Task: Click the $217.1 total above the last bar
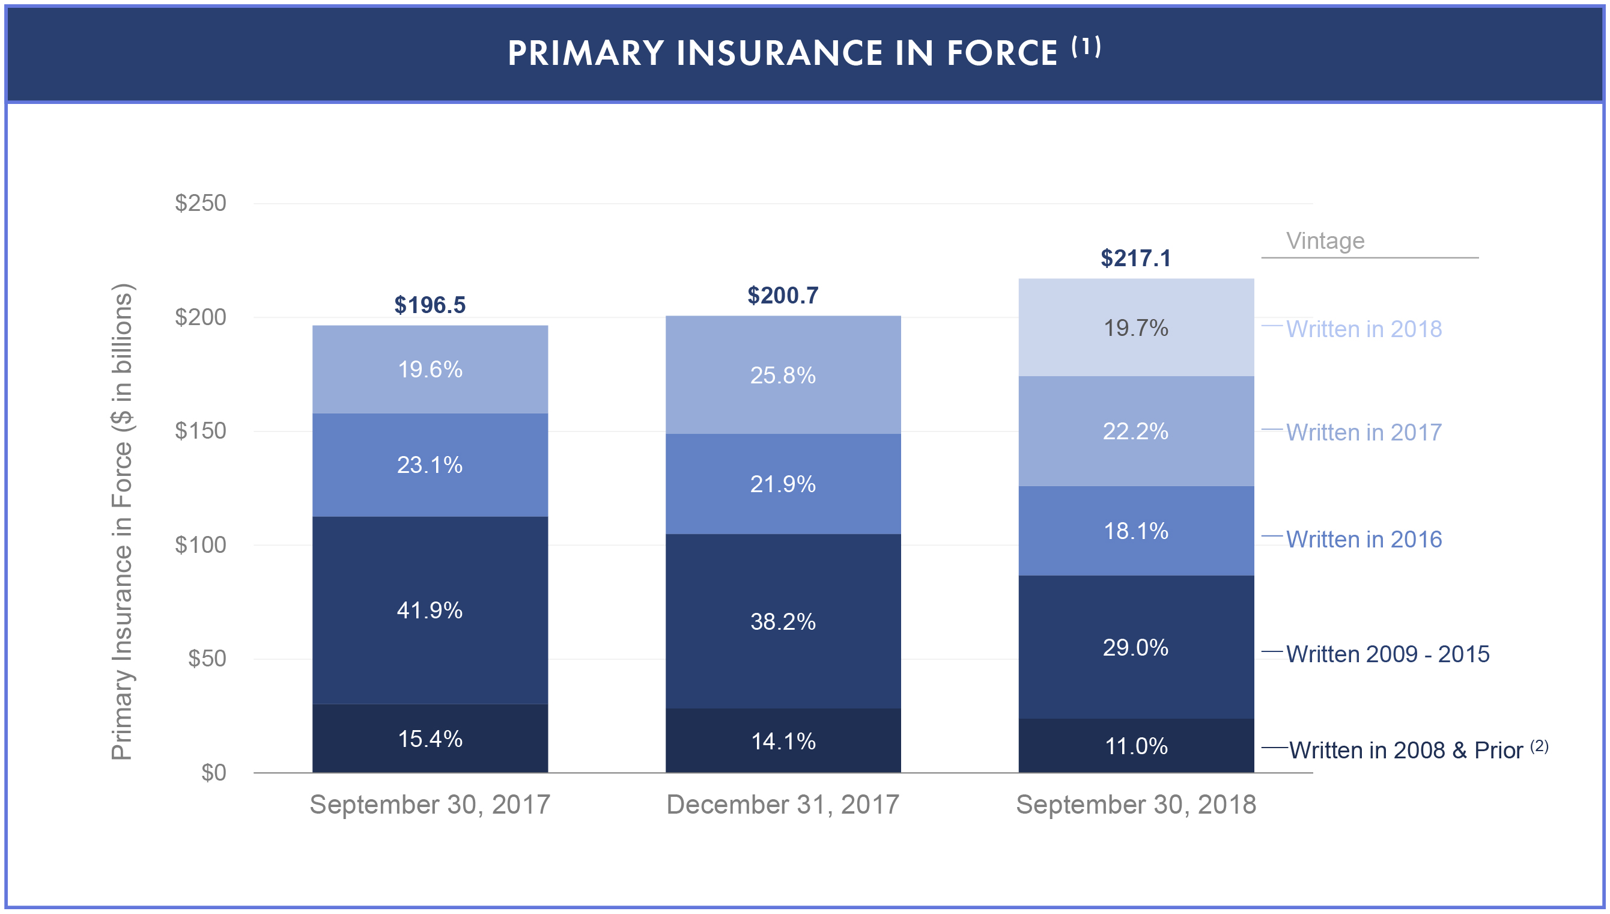click(x=1135, y=258)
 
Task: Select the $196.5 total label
click(x=430, y=305)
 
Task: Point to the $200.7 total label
click(x=782, y=295)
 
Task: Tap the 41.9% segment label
click(x=430, y=610)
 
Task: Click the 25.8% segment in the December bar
click(x=782, y=376)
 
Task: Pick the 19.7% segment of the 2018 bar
click(x=1135, y=328)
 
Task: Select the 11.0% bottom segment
click(x=1135, y=746)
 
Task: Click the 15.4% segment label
click(x=430, y=739)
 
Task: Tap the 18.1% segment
click(x=1135, y=531)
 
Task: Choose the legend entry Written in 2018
click(x=1364, y=329)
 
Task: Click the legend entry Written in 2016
click(x=1364, y=539)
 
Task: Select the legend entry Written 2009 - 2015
click(x=1387, y=654)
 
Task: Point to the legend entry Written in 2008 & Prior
click(x=1406, y=750)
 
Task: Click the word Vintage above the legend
click(x=1325, y=241)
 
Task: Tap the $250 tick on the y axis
click(x=200, y=203)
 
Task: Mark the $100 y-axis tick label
click(x=200, y=545)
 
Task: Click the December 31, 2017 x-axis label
click(x=782, y=804)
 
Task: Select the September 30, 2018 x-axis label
click(x=1135, y=804)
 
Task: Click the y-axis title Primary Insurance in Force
click(x=122, y=521)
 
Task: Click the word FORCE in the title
click(x=1001, y=53)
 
